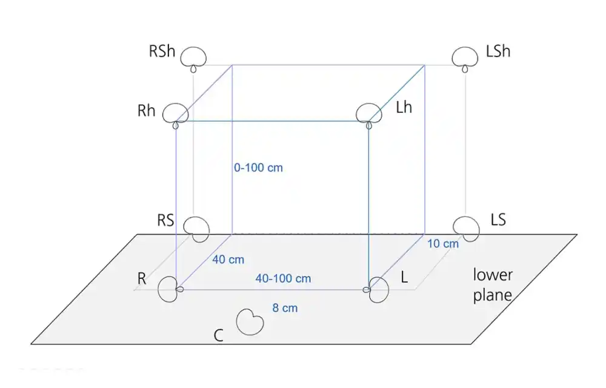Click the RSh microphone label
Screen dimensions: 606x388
pos(162,52)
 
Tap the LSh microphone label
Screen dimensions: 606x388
pos(498,51)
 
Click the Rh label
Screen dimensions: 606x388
pos(147,111)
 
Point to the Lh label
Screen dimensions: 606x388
pos(404,107)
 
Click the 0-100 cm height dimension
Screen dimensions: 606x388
pos(258,168)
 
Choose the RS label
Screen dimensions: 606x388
pos(166,220)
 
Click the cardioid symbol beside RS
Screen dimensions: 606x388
pos(196,230)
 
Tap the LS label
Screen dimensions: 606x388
pos(498,219)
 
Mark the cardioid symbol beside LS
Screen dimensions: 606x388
pos(466,229)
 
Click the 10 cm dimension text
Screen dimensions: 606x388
pos(443,244)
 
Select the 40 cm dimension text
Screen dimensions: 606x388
pos(228,259)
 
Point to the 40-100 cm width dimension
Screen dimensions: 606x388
pos(283,278)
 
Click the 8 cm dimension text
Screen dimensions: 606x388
pos(285,308)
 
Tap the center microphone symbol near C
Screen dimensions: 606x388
pos(250,322)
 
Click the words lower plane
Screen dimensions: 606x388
pos(493,285)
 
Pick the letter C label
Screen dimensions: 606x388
pos(218,335)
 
